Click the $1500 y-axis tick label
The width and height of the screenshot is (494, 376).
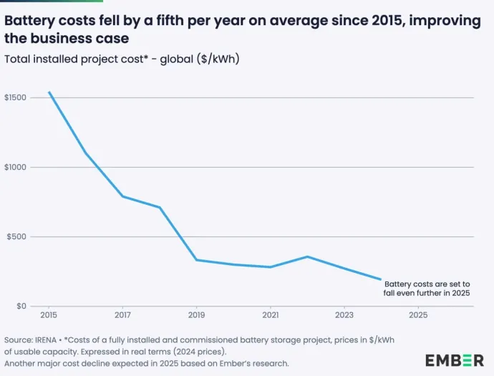pos(15,97)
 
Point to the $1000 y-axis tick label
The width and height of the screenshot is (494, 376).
pos(15,167)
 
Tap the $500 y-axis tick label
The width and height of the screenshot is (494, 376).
pos(16,236)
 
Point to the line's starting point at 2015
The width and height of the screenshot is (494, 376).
pos(49,92)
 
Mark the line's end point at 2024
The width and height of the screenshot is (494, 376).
pos(381,279)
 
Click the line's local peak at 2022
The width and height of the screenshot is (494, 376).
pos(307,256)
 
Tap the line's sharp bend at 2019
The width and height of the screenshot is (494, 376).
pos(197,259)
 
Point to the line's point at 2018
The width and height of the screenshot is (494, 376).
pos(160,208)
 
